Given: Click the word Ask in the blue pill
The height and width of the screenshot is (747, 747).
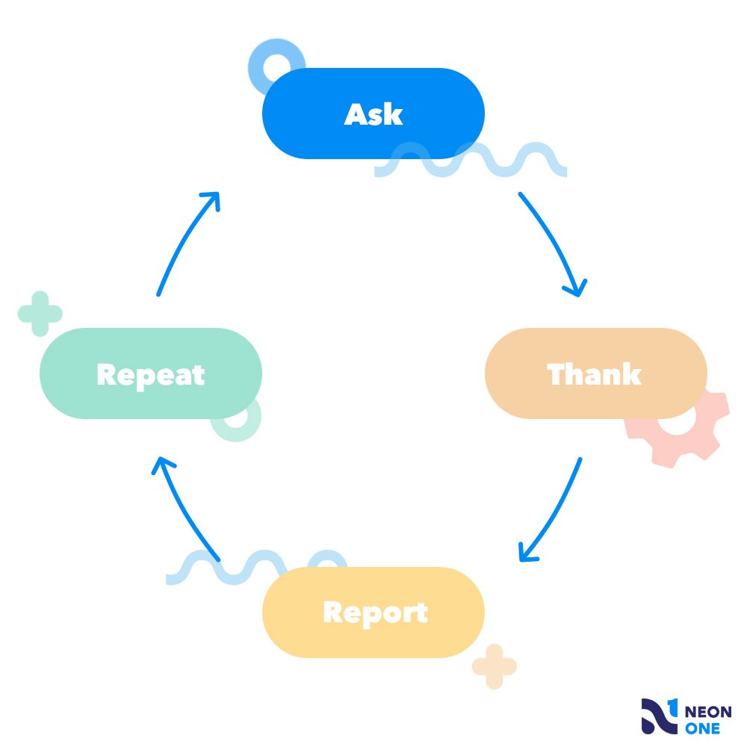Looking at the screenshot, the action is pyautogui.click(x=373, y=114).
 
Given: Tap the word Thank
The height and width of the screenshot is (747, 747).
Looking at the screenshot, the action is pyautogui.click(x=594, y=374).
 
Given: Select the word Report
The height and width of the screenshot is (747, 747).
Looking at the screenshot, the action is pyautogui.click(x=376, y=613).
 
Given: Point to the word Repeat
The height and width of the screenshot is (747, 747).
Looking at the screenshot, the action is pyautogui.click(x=151, y=376).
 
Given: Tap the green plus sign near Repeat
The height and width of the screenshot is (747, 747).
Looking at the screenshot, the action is pyautogui.click(x=40, y=314).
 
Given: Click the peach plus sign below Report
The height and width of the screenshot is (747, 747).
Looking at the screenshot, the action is pyautogui.click(x=495, y=666).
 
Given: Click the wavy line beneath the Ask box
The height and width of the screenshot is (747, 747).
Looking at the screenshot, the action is pyautogui.click(x=471, y=159).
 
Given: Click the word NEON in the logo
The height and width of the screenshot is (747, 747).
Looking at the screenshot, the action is pyautogui.click(x=708, y=712).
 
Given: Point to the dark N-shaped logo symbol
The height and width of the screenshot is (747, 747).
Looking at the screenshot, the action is pyautogui.click(x=660, y=716).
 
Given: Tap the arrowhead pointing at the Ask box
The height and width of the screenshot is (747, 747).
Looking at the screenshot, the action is pyautogui.click(x=212, y=199).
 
